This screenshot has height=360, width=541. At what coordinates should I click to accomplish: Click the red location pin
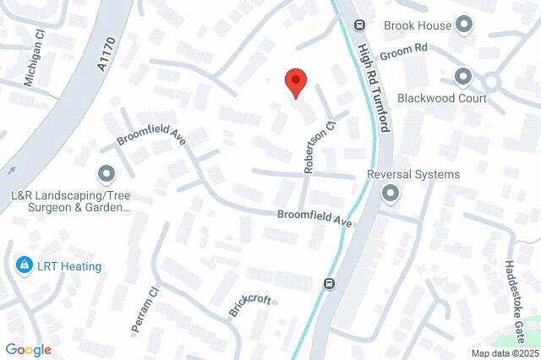tap(295, 84)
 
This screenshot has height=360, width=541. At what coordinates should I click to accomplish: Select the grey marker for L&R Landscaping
tap(107, 175)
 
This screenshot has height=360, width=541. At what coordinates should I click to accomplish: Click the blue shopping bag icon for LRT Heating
tap(25, 266)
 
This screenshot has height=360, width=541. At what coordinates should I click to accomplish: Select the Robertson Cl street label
tap(320, 145)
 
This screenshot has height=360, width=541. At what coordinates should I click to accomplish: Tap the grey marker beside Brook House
tap(463, 25)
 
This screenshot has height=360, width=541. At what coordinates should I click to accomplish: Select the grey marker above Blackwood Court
tap(462, 78)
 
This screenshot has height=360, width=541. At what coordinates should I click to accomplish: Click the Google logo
tap(28, 350)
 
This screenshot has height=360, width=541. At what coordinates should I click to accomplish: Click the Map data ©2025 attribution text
tap(505, 353)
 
